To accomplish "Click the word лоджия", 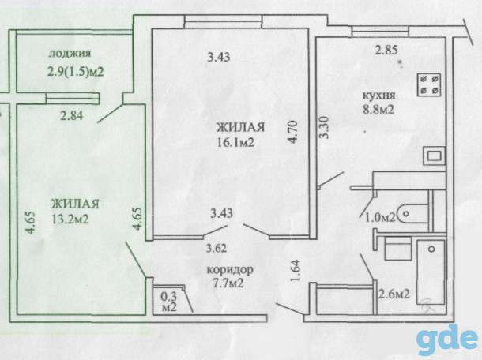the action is (x=70, y=54).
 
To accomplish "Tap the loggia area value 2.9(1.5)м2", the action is (x=75, y=72).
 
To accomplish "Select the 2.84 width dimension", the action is (x=72, y=116).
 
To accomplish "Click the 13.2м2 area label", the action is (x=70, y=219).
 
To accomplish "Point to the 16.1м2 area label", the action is (x=235, y=142).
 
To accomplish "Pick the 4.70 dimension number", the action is (x=293, y=132).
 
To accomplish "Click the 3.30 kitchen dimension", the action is (x=325, y=127).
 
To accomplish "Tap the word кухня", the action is (x=379, y=96).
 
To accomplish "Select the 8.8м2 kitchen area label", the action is (x=378, y=110).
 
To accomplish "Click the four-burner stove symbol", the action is (x=429, y=84).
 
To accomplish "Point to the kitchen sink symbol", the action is (x=434, y=156).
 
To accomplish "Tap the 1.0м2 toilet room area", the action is (x=380, y=218).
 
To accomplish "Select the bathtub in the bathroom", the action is (x=431, y=272).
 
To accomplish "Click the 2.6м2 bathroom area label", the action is (x=394, y=294).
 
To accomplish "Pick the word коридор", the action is (x=230, y=269).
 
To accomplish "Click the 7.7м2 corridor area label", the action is (x=228, y=283).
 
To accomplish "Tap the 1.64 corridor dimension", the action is (x=295, y=271).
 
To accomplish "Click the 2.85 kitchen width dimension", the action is (x=386, y=50).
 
